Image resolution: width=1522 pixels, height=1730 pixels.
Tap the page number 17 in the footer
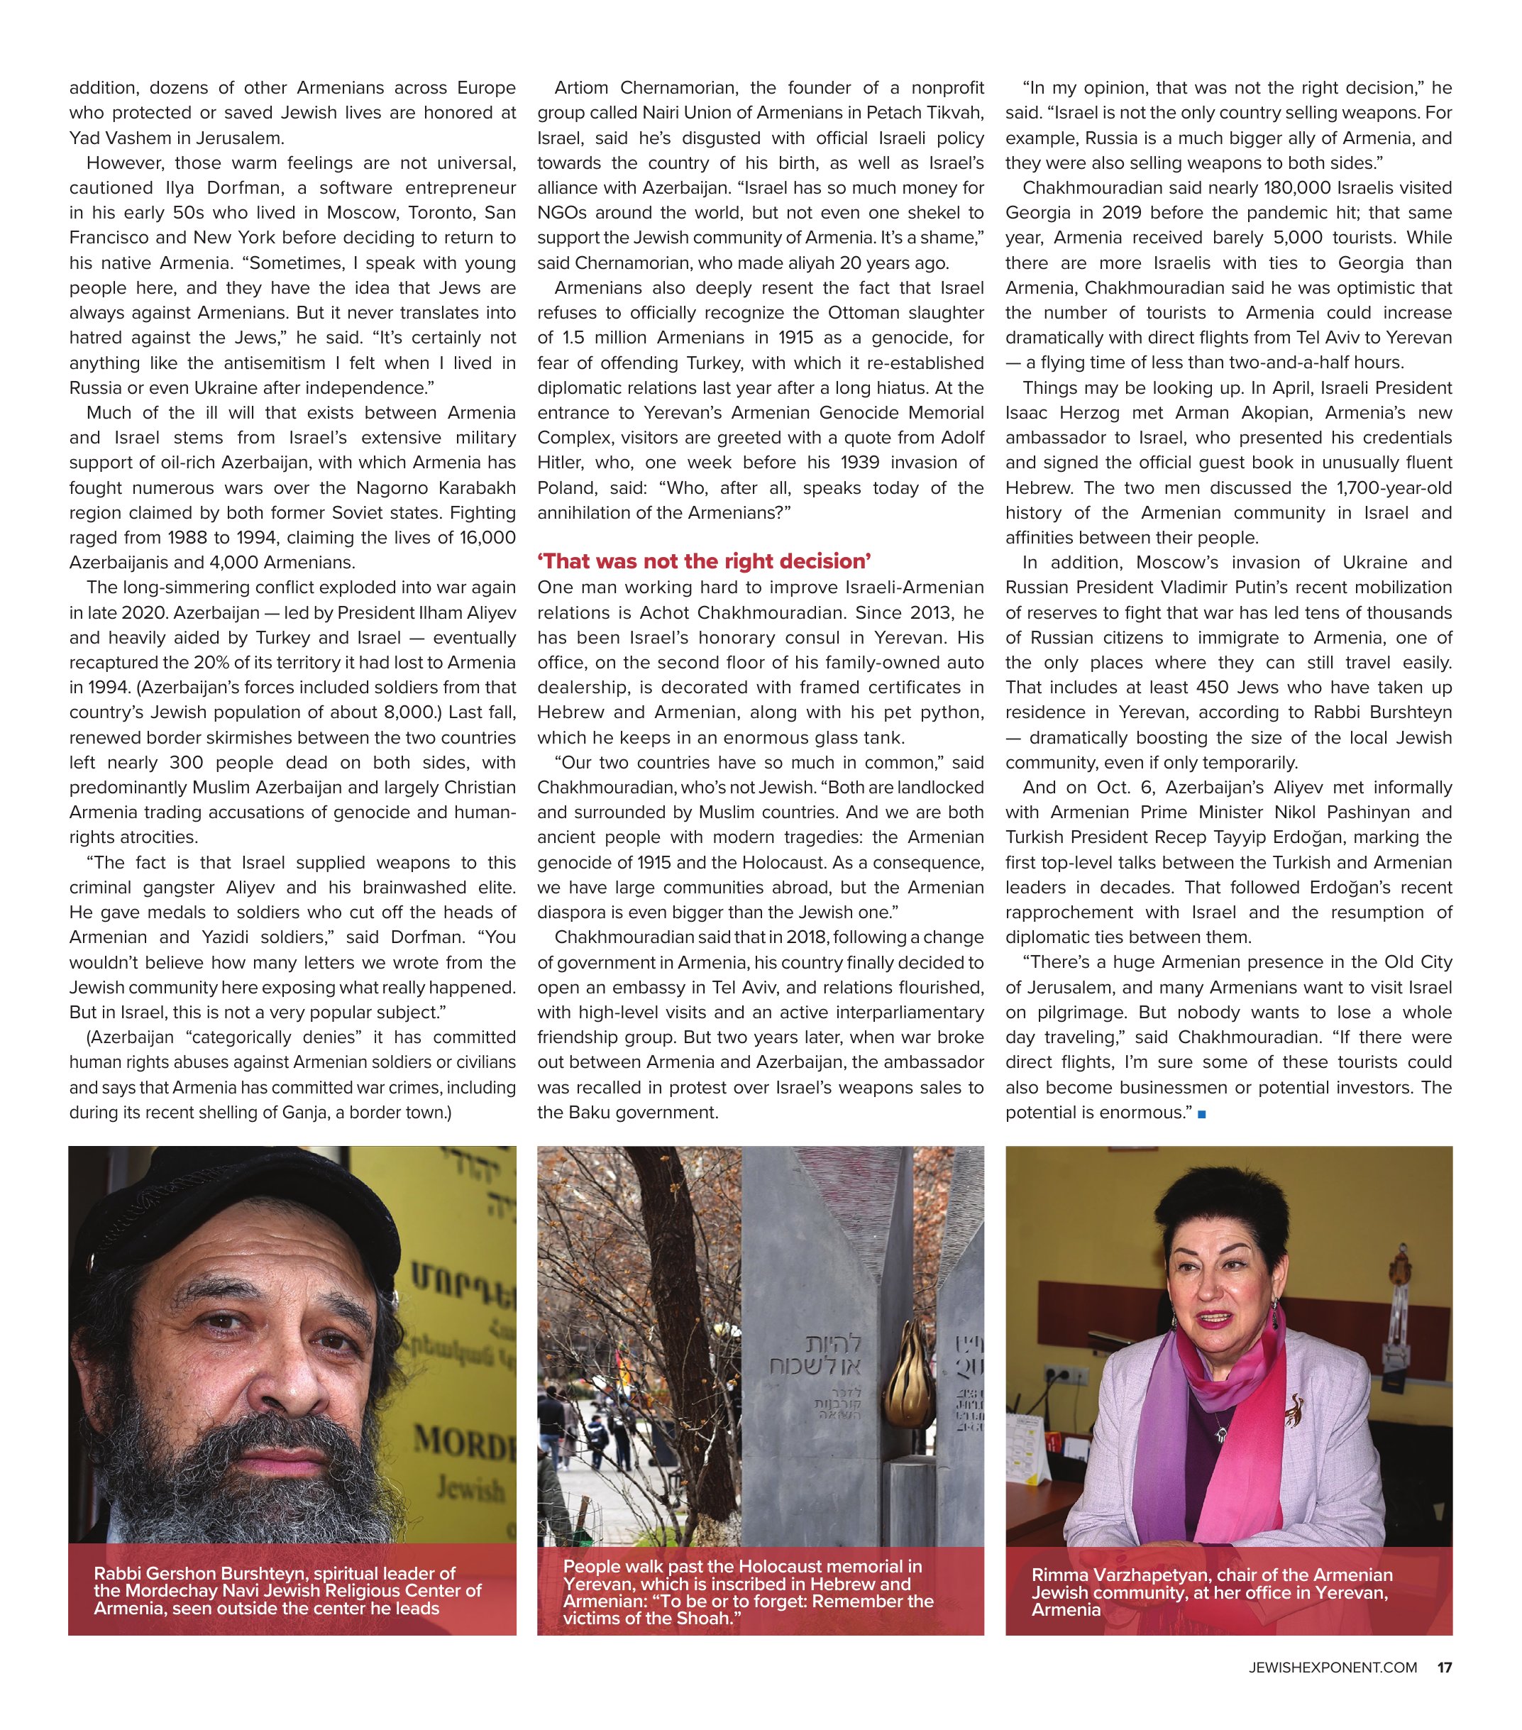click(x=1444, y=1668)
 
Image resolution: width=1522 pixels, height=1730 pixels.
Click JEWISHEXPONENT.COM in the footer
click(x=1333, y=1668)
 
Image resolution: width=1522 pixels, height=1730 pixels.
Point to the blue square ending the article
click(x=1202, y=1114)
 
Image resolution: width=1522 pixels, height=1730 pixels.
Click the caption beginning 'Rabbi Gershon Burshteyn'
click(x=288, y=1590)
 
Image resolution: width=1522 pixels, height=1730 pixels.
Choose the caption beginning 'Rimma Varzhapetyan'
click(x=1211, y=1591)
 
